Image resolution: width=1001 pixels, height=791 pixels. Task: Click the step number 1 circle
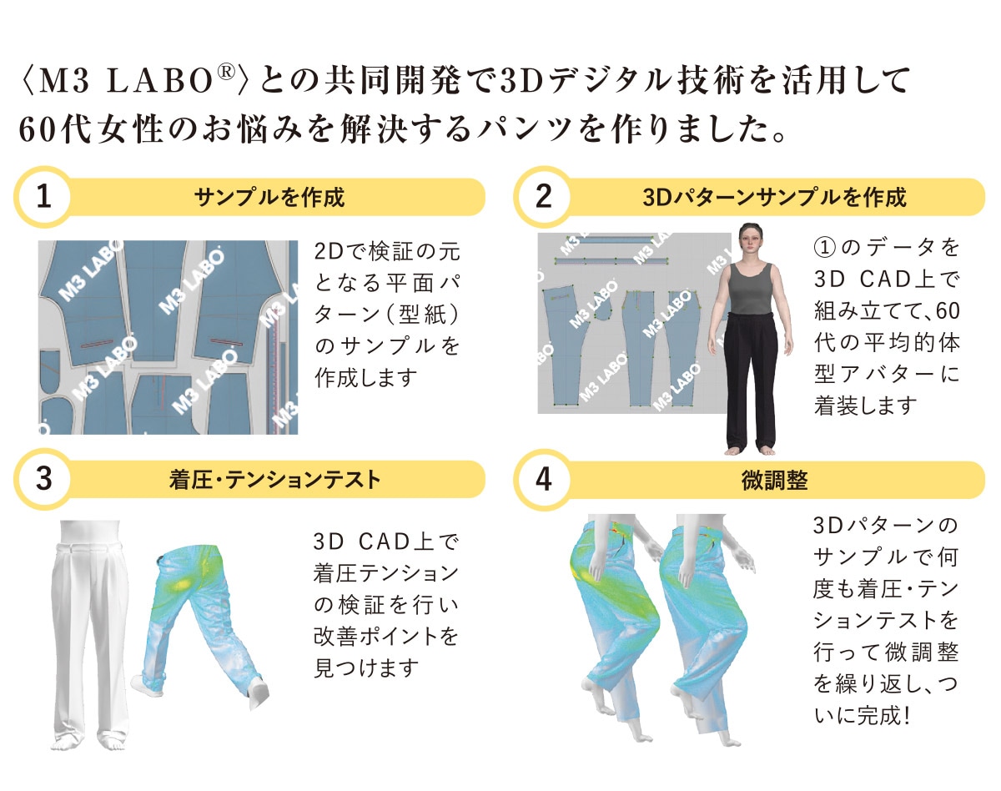tap(44, 197)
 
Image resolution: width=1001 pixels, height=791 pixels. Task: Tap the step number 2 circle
tap(543, 197)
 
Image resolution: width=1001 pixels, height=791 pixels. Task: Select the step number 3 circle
tap(44, 479)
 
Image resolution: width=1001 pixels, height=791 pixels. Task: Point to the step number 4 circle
tap(543, 479)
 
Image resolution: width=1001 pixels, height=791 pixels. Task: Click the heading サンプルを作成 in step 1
tap(269, 197)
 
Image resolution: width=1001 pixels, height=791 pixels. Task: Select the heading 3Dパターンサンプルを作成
tap(774, 197)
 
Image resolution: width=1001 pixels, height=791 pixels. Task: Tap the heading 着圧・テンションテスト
tap(275, 480)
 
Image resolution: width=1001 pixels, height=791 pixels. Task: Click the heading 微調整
tap(774, 480)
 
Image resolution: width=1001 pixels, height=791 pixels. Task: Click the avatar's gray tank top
tap(750, 290)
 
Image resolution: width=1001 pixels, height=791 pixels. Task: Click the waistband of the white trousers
tap(91, 547)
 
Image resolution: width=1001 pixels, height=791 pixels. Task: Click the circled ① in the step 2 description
tap(824, 247)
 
